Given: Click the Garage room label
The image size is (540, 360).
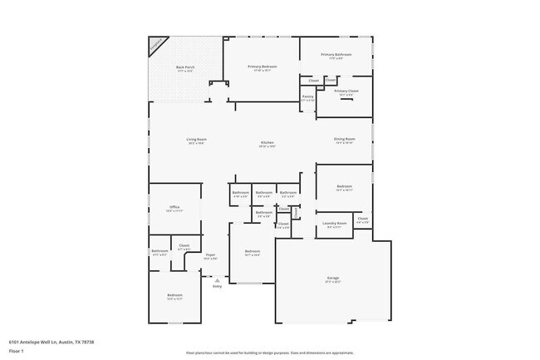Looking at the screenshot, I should coord(332,279).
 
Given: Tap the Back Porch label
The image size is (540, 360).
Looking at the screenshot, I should coord(184,68).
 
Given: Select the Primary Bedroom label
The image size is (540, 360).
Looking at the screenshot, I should coord(262,67).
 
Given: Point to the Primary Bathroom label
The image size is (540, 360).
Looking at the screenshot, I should coord(336,55).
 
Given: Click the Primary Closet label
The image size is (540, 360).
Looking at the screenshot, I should coord(346,91).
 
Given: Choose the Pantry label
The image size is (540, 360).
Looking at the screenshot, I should coord(307,97).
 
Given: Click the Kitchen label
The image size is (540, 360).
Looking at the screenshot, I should coord(268,144).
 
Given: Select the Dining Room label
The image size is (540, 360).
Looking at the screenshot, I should coord(345,140).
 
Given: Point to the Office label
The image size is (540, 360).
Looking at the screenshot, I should coord(174,208).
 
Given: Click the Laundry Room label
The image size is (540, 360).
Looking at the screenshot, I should coord(335,224).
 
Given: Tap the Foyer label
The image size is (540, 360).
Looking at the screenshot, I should coord(210,255).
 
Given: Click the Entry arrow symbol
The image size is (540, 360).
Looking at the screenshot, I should coord(218,281).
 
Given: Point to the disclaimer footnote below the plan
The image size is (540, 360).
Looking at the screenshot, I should coord(269,353).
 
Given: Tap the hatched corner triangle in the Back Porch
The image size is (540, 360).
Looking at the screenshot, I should coord(156,45).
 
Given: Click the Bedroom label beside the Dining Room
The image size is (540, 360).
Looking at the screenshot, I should coord(345,187).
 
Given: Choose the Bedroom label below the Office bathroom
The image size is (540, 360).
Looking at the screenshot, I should coord(174,295).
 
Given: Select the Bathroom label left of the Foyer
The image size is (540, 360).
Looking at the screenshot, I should coord(159,251).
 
